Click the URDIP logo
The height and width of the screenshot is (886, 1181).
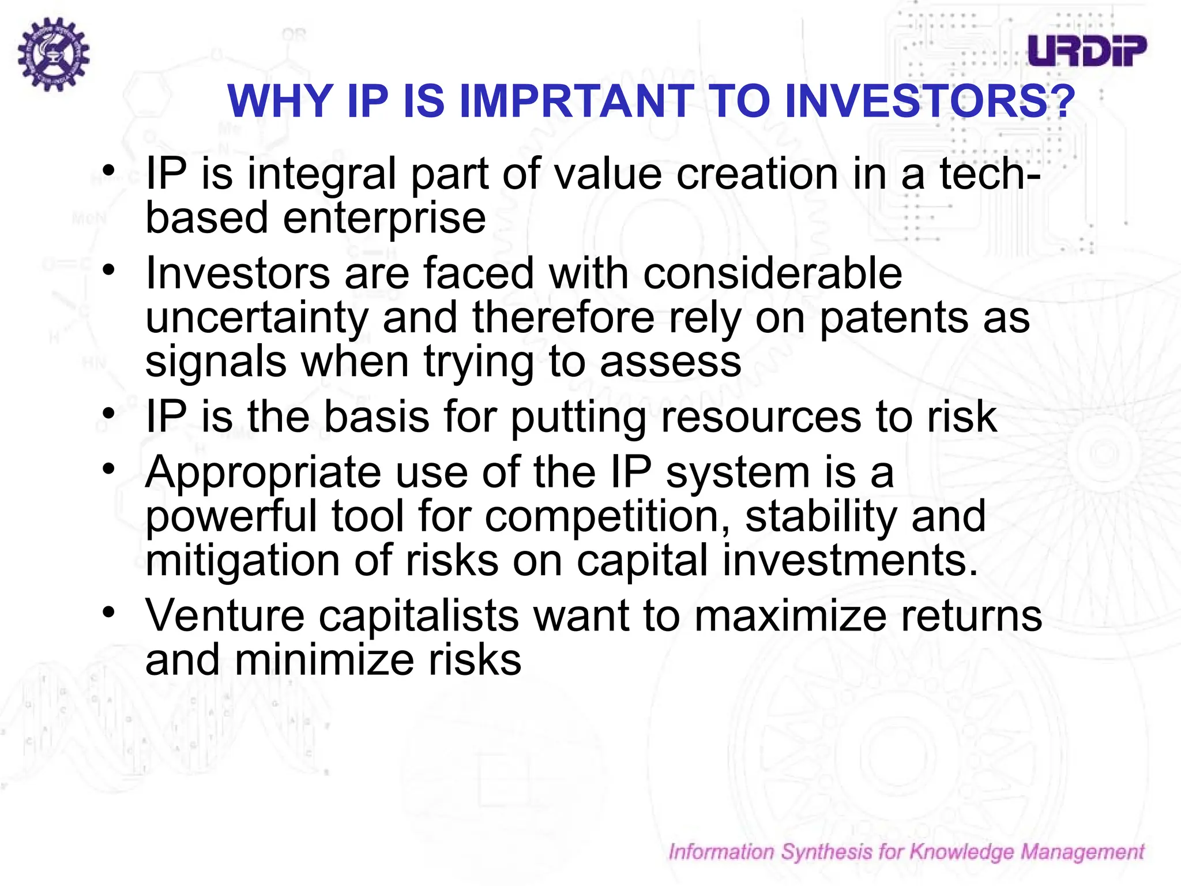pyautogui.click(x=1087, y=51)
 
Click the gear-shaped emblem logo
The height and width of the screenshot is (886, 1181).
pyautogui.click(x=53, y=54)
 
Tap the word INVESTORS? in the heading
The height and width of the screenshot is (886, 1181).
pyautogui.click(x=930, y=102)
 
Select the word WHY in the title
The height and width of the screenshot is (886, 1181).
pyautogui.click(x=281, y=102)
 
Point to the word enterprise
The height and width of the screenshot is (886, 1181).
pyautogui.click(x=385, y=219)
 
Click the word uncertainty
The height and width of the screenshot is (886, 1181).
pyautogui.click(x=257, y=318)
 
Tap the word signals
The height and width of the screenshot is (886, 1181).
pyautogui.click(x=216, y=362)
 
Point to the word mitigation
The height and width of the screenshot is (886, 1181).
pyautogui.click(x=243, y=560)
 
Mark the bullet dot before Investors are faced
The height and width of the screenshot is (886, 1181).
pyautogui.click(x=109, y=269)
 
